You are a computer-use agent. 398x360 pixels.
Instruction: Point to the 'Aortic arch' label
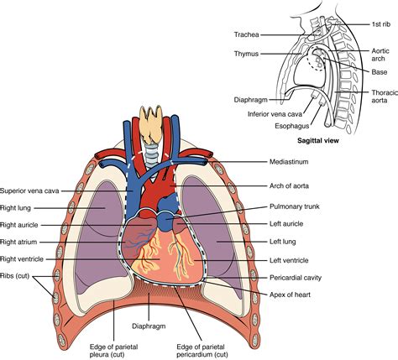[x=381, y=55]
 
